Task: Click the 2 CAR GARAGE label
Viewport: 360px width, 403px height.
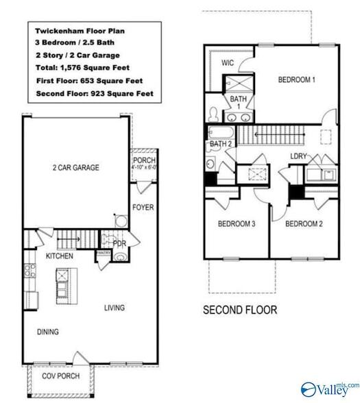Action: pyautogui.click(x=75, y=167)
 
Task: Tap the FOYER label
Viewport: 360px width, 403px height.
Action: pyautogui.click(x=143, y=207)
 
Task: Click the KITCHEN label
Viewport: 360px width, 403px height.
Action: pyautogui.click(x=60, y=256)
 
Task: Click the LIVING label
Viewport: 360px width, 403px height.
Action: pyautogui.click(x=115, y=308)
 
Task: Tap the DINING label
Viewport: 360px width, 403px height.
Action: pyautogui.click(x=47, y=332)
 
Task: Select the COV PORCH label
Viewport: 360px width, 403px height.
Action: pyautogui.click(x=60, y=376)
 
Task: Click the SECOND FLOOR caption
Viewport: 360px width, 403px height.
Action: pyautogui.click(x=240, y=310)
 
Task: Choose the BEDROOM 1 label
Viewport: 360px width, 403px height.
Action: pyautogui.click(x=296, y=80)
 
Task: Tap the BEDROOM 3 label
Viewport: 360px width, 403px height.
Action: pyautogui.click(x=237, y=224)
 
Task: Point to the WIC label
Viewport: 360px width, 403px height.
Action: pyautogui.click(x=228, y=62)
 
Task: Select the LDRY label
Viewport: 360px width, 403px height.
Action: pyautogui.click(x=298, y=157)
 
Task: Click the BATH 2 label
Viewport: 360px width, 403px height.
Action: pyautogui.click(x=220, y=144)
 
